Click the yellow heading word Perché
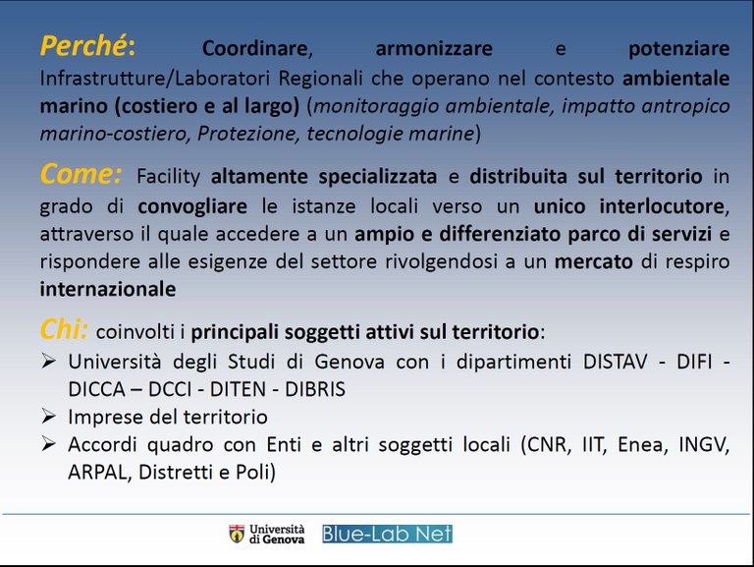pos(83,46)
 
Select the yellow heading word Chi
pos(63,329)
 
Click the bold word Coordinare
pos(254,49)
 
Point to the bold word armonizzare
pos(434,49)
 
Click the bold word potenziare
pos(678,49)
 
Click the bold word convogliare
pos(192,206)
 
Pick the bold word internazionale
pos(108,289)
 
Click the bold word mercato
pos(593,262)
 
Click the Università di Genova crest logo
pos(237,534)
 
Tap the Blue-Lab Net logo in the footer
pos(387,534)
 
